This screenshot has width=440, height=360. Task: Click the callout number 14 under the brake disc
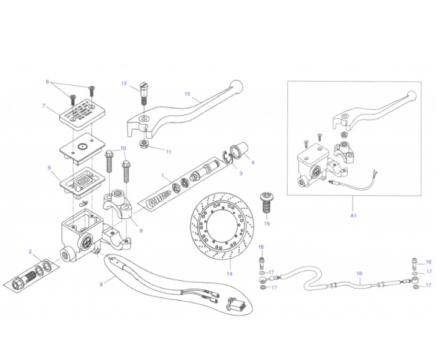(229, 274)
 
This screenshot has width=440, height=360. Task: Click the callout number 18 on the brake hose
(358, 274)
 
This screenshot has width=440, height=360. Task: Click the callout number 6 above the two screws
(47, 81)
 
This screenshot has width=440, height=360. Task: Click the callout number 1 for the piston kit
(162, 175)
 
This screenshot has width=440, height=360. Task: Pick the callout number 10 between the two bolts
(123, 148)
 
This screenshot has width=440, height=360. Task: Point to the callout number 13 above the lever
(187, 94)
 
